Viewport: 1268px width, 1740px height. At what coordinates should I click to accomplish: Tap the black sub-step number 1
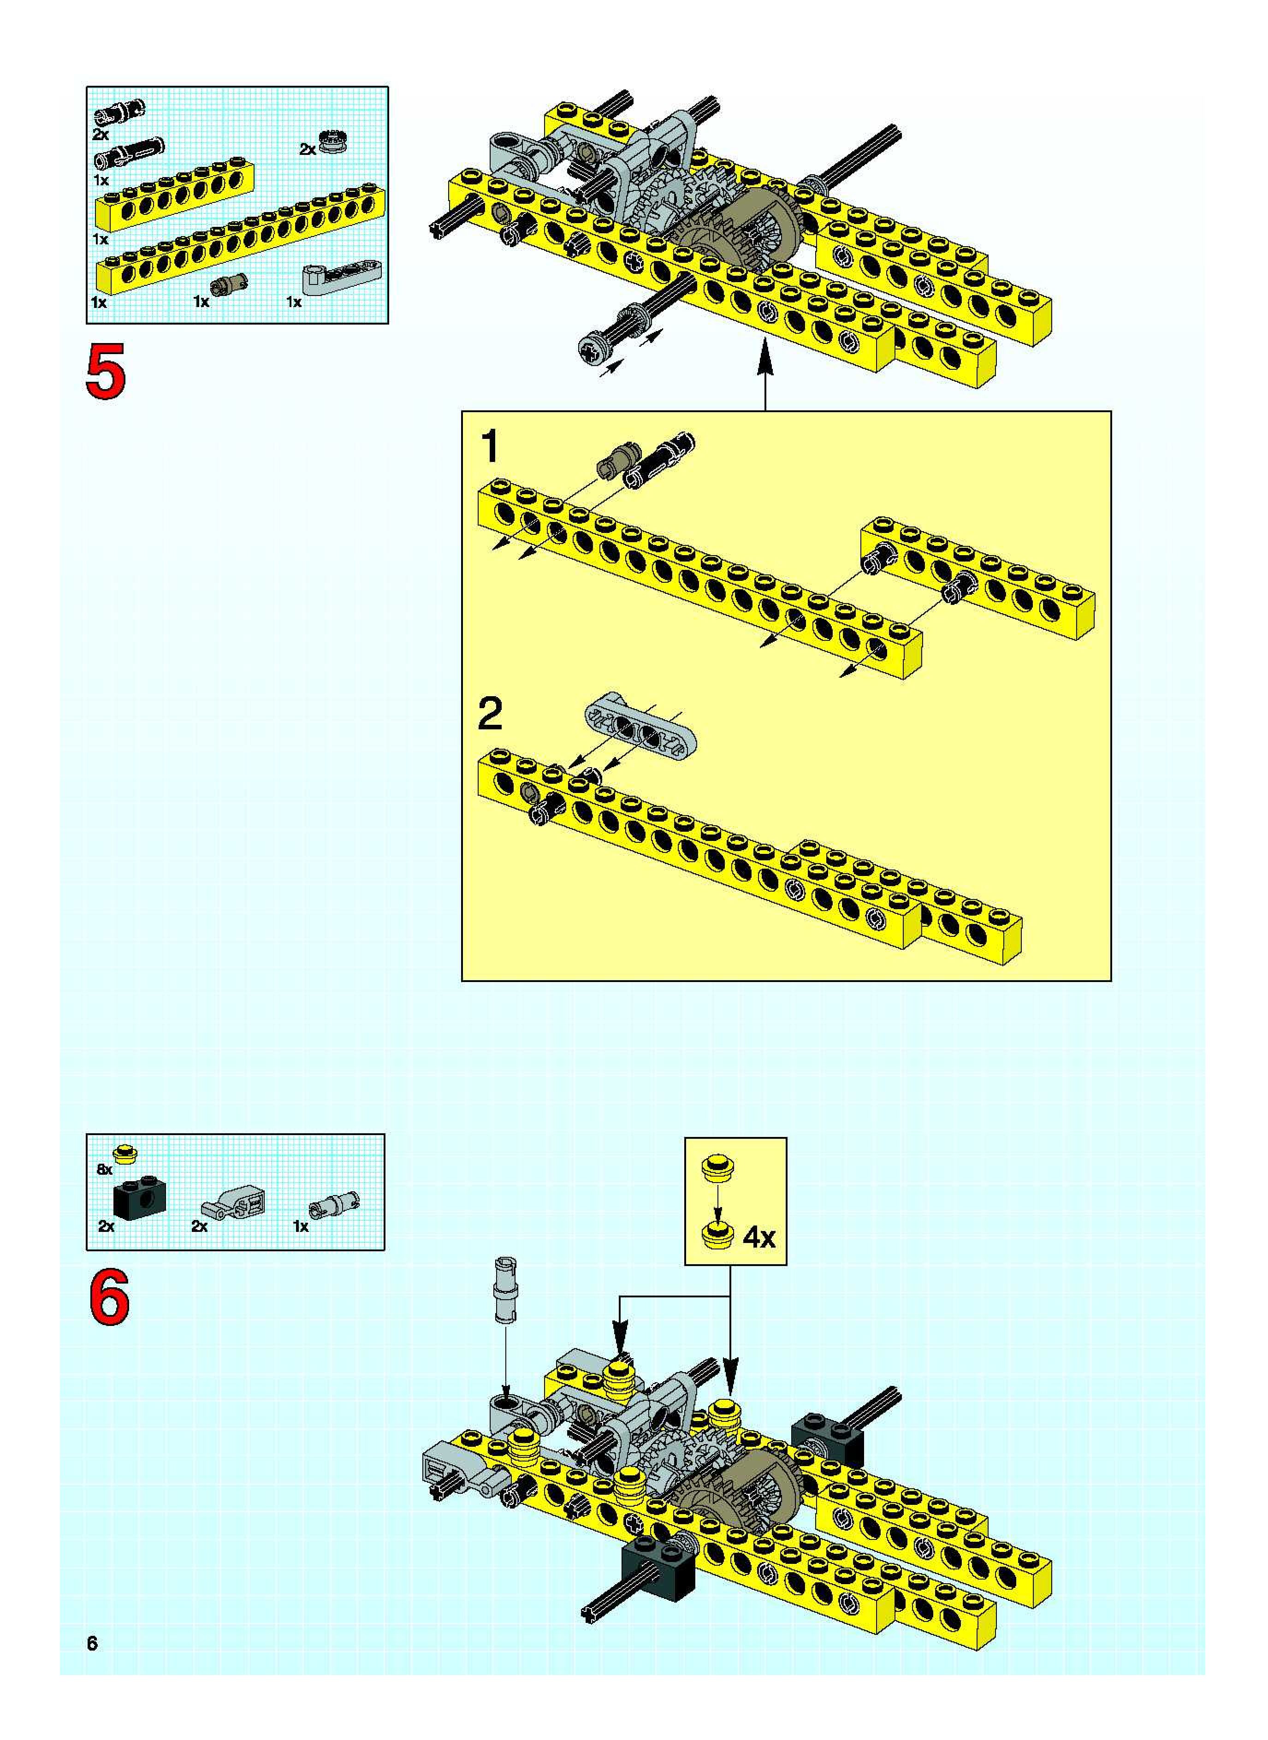pyautogui.click(x=490, y=447)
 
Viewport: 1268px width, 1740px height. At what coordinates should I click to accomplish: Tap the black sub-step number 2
pyautogui.click(x=490, y=714)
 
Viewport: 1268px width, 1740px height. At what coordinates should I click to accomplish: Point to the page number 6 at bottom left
pyautogui.click(x=92, y=1643)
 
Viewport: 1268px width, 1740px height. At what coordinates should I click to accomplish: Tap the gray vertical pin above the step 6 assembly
pyautogui.click(x=505, y=1290)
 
